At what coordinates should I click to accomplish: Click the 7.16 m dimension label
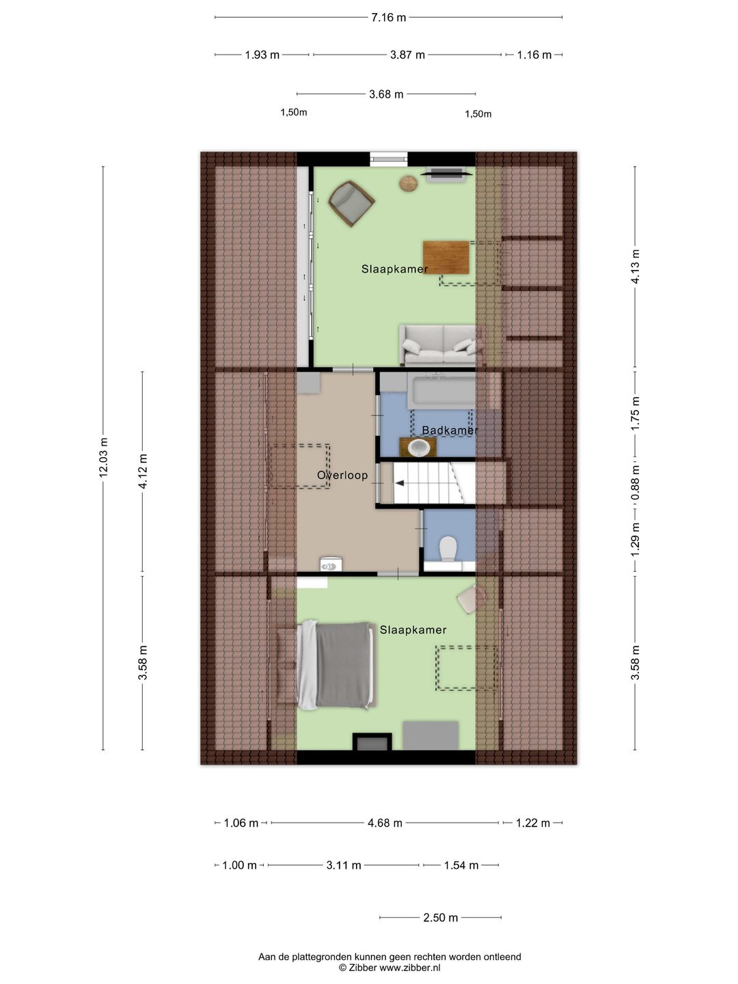(388, 18)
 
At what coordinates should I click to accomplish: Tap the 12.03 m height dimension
(103, 458)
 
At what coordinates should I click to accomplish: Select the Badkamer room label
(450, 430)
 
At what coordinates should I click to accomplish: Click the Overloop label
(342, 476)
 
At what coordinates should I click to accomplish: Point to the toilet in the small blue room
(448, 548)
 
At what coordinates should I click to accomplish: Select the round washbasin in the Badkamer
(418, 448)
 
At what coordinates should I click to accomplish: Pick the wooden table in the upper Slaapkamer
(446, 257)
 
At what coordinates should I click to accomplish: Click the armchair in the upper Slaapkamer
(351, 202)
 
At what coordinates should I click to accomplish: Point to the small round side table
(409, 183)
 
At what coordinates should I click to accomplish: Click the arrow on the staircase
(400, 483)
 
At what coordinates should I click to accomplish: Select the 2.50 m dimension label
(440, 918)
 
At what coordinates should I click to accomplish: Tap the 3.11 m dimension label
(343, 866)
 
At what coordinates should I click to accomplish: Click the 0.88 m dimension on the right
(635, 482)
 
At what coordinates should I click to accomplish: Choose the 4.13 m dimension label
(635, 267)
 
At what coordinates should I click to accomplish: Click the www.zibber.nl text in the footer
(410, 968)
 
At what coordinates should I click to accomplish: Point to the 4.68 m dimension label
(385, 823)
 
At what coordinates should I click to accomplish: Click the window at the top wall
(388, 159)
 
